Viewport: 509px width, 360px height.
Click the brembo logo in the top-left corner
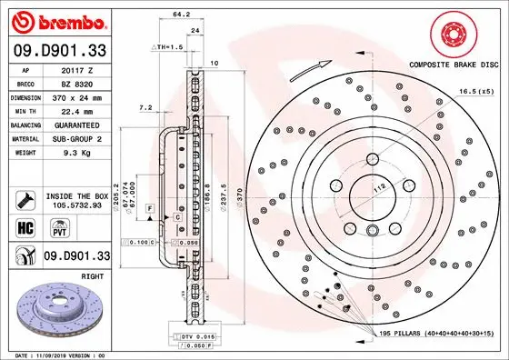tap(56, 20)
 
